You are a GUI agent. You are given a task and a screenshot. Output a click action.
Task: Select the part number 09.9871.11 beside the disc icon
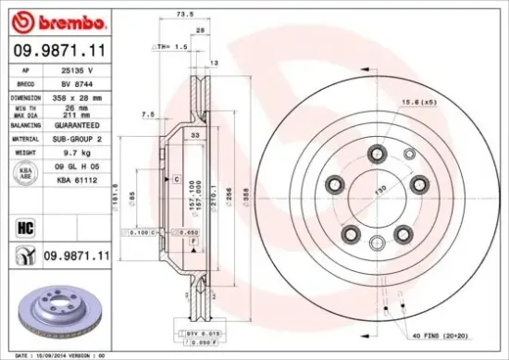[x=77, y=254]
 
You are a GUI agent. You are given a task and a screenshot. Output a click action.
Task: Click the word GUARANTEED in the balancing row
[x=78, y=124]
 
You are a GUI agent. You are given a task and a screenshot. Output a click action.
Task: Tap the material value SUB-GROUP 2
[x=78, y=139]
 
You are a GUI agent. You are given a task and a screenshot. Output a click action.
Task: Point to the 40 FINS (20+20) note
[x=441, y=334]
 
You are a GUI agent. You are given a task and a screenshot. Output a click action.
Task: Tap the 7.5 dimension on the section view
[x=146, y=114]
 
